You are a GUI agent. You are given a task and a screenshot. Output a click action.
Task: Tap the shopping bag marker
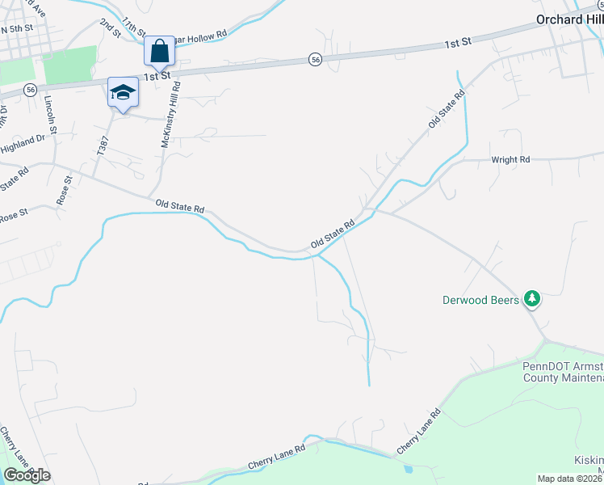coord(160,51)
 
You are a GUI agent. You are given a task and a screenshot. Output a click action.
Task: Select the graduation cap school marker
coord(124,92)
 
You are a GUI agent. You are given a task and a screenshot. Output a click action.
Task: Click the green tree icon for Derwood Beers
coord(531,299)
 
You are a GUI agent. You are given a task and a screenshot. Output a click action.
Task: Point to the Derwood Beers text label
coord(480,300)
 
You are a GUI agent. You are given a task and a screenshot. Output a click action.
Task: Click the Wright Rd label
coord(510,160)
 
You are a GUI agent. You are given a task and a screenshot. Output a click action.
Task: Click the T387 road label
coord(103,145)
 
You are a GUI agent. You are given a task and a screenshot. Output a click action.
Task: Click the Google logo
coord(27,475)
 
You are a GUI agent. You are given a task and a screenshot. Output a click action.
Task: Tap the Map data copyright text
coord(570,479)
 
